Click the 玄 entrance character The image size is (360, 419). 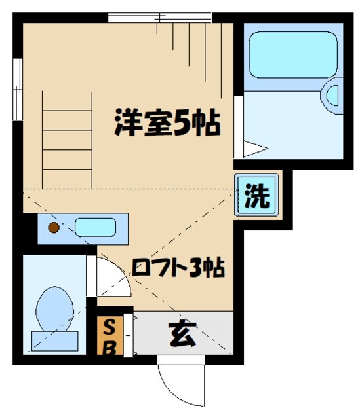click(x=183, y=335)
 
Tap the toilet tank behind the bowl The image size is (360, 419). click(x=55, y=340)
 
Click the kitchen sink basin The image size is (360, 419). click(x=95, y=228)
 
